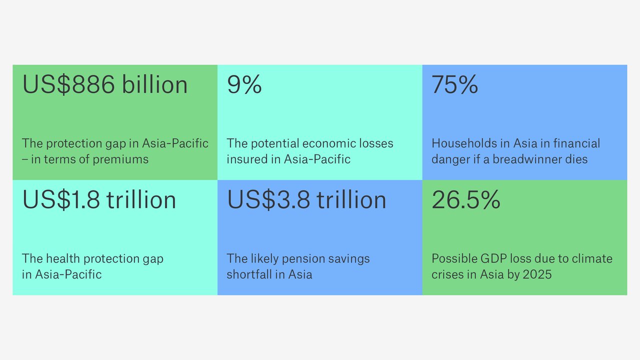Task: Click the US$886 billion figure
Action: point(105,85)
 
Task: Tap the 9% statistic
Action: point(244,85)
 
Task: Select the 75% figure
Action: point(454,85)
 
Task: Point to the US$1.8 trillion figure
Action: point(99,200)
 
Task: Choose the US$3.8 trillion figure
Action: point(306,200)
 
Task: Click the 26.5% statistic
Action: point(465,200)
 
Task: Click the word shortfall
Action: point(248,274)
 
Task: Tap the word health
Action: point(63,258)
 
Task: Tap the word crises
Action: point(448,274)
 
